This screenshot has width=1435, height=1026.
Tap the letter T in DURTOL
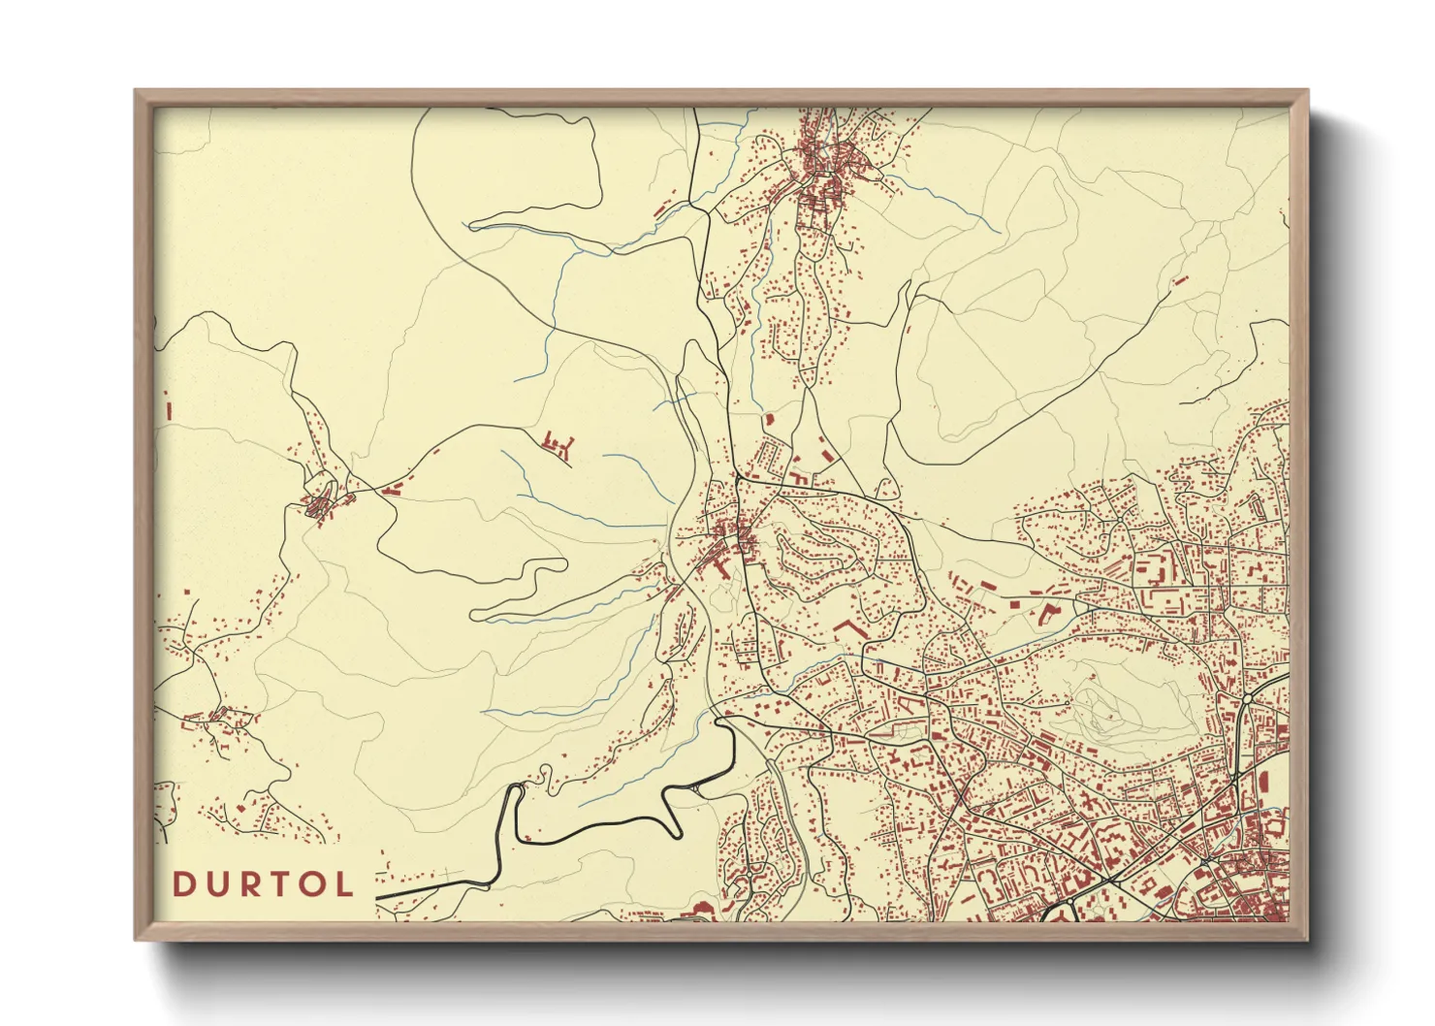coord(277,884)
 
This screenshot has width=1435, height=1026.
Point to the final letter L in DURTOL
coord(344,884)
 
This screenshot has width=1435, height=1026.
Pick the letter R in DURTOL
coord(247,884)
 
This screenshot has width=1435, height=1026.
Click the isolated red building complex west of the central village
coord(558,445)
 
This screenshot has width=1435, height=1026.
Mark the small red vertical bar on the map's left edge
coord(170,411)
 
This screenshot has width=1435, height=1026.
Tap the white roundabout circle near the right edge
coord(1246,697)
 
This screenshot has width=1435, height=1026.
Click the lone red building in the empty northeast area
coord(1180,280)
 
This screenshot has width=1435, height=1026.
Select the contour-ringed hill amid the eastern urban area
coord(1115,703)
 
